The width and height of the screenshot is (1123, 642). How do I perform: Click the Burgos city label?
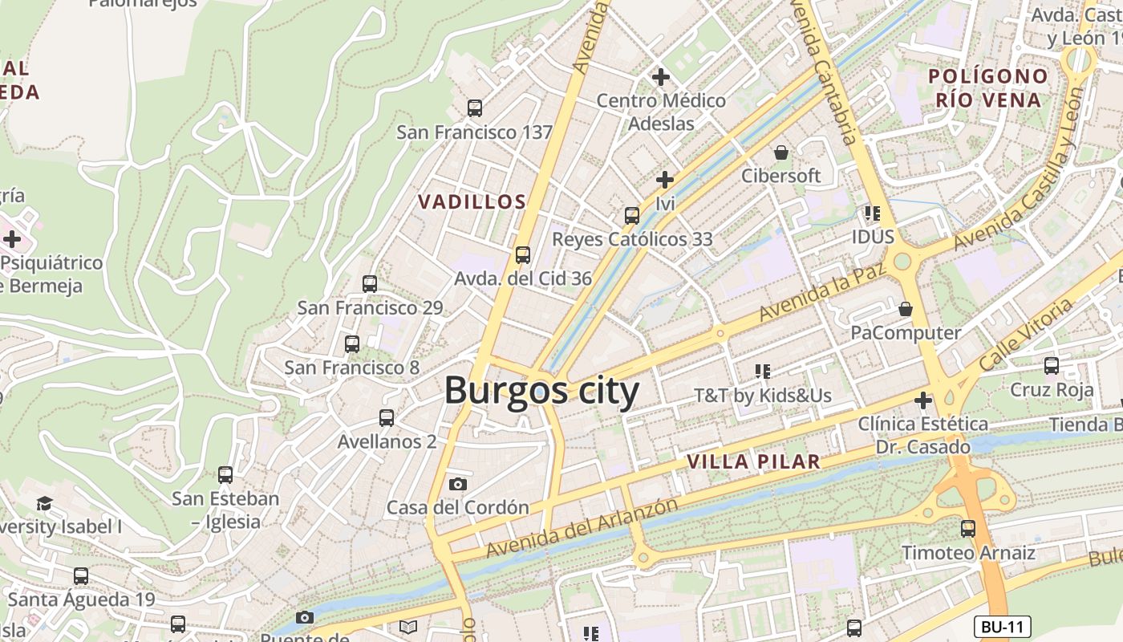pos(541,392)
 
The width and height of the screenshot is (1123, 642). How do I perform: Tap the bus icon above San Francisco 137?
pos(475,108)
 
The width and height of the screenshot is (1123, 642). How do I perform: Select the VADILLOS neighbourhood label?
pos(472,202)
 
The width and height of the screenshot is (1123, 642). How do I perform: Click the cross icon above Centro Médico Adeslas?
pos(661,77)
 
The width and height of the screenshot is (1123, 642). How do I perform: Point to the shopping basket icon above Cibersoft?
pos(780,152)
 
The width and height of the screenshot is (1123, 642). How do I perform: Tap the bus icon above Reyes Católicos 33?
pos(632,215)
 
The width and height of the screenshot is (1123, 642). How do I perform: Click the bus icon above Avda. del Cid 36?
pos(523,255)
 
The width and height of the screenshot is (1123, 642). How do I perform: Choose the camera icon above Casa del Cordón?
pos(458,484)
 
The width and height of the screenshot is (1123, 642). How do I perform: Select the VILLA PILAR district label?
pos(754,461)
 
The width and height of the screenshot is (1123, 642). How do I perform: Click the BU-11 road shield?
pos(1002,627)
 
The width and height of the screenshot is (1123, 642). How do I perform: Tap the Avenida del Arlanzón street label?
pos(582,528)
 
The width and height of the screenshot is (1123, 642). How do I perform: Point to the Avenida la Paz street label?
pos(821,290)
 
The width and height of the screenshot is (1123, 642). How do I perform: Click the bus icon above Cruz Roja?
pos(1052,366)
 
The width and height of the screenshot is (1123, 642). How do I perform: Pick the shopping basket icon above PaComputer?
pos(906,309)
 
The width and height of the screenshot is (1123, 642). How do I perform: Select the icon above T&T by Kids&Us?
pos(762,371)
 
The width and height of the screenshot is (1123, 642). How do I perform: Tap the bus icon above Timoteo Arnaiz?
pos(968,529)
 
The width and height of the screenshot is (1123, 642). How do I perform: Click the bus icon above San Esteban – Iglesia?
pos(225,474)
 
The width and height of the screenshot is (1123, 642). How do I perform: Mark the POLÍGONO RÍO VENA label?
pos(988,88)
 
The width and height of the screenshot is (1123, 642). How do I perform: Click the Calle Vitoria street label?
pos(1026,335)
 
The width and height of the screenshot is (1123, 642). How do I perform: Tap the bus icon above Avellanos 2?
pos(387,417)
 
